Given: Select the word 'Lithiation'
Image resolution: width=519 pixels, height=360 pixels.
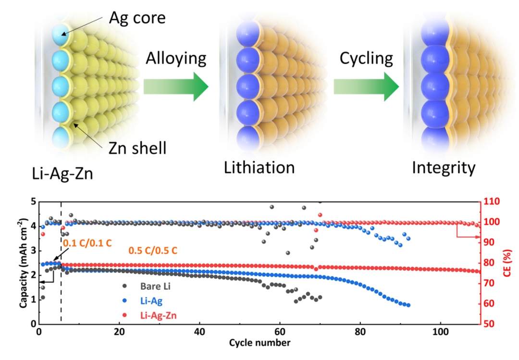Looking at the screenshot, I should (x=259, y=168).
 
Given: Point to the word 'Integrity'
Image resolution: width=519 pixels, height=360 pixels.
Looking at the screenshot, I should (x=444, y=168).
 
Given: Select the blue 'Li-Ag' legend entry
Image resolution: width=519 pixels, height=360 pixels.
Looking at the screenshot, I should (x=154, y=301).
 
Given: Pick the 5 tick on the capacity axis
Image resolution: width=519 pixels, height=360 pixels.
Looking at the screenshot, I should (x=32, y=201).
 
